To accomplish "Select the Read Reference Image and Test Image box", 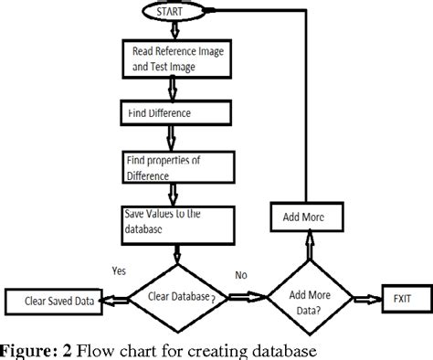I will coord(172,58).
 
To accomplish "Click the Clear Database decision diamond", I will coord(174,297).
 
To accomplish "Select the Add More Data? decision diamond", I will coord(311,298).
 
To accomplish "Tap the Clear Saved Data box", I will coord(51,299).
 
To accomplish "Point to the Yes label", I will coord(117,270).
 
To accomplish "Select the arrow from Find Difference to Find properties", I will coord(172,137).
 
